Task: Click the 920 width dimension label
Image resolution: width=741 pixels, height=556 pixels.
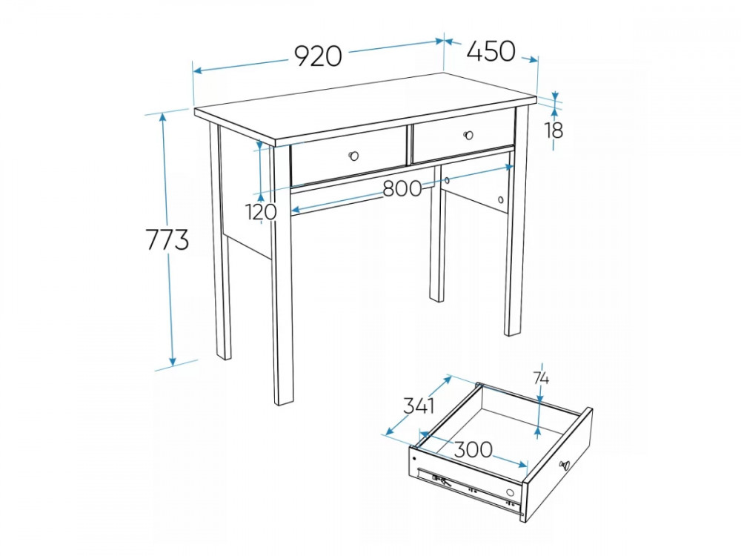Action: (x=318, y=56)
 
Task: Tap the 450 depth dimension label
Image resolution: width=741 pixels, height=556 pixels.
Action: (x=491, y=51)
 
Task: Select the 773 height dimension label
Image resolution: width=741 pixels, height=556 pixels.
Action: (x=167, y=239)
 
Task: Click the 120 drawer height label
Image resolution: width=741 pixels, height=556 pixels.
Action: (x=261, y=211)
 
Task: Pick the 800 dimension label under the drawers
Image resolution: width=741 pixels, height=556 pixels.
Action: (x=402, y=188)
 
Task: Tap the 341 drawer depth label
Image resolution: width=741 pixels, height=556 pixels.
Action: (x=419, y=406)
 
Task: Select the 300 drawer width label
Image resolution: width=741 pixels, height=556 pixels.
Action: (x=473, y=449)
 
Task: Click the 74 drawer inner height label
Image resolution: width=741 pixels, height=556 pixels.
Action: (x=541, y=378)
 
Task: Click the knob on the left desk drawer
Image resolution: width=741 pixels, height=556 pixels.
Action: (x=353, y=155)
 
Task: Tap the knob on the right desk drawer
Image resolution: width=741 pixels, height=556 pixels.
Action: (x=468, y=135)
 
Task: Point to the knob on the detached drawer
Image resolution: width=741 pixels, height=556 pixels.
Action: (x=565, y=464)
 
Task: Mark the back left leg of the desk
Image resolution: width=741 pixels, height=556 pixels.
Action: (x=221, y=241)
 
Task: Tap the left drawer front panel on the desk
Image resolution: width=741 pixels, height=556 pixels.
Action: (x=349, y=156)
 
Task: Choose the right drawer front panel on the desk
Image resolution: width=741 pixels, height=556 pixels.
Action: (x=464, y=136)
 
